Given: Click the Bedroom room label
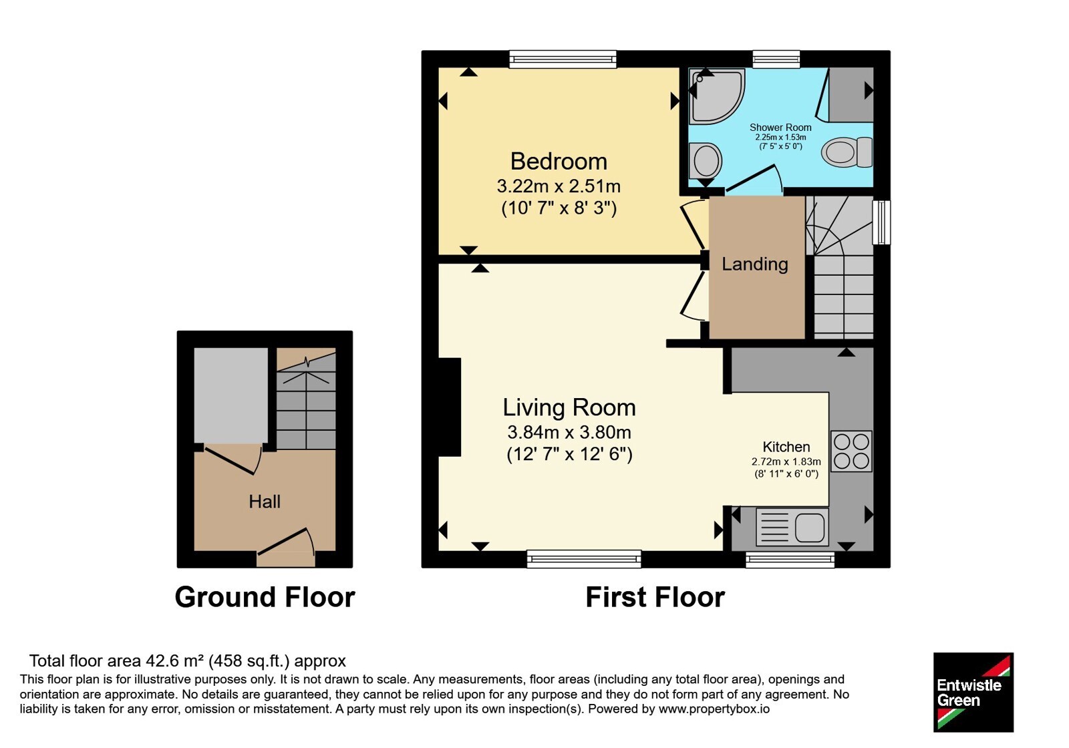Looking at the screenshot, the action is (x=559, y=161).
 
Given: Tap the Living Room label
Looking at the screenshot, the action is (x=569, y=407).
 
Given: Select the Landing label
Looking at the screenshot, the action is (x=754, y=264).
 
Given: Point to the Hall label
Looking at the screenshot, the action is (x=265, y=502).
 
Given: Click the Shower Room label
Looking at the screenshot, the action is (x=780, y=128).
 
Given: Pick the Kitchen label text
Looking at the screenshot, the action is (x=786, y=447).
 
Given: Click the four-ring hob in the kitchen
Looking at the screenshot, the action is (x=851, y=451).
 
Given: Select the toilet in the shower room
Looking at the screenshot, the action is (x=847, y=152).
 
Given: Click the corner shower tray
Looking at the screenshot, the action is (x=716, y=96).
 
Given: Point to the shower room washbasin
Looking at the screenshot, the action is (x=706, y=160).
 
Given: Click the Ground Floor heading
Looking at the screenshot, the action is (x=265, y=597).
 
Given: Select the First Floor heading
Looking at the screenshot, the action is (x=655, y=597).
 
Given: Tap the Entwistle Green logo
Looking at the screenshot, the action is (x=973, y=692).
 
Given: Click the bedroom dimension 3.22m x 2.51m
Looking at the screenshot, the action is (x=559, y=186).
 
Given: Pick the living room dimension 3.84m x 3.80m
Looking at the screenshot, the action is (x=569, y=432).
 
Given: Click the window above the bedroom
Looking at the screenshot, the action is (x=563, y=59).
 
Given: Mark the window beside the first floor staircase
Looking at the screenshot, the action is (x=881, y=223).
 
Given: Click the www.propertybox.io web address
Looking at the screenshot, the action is (x=714, y=709).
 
